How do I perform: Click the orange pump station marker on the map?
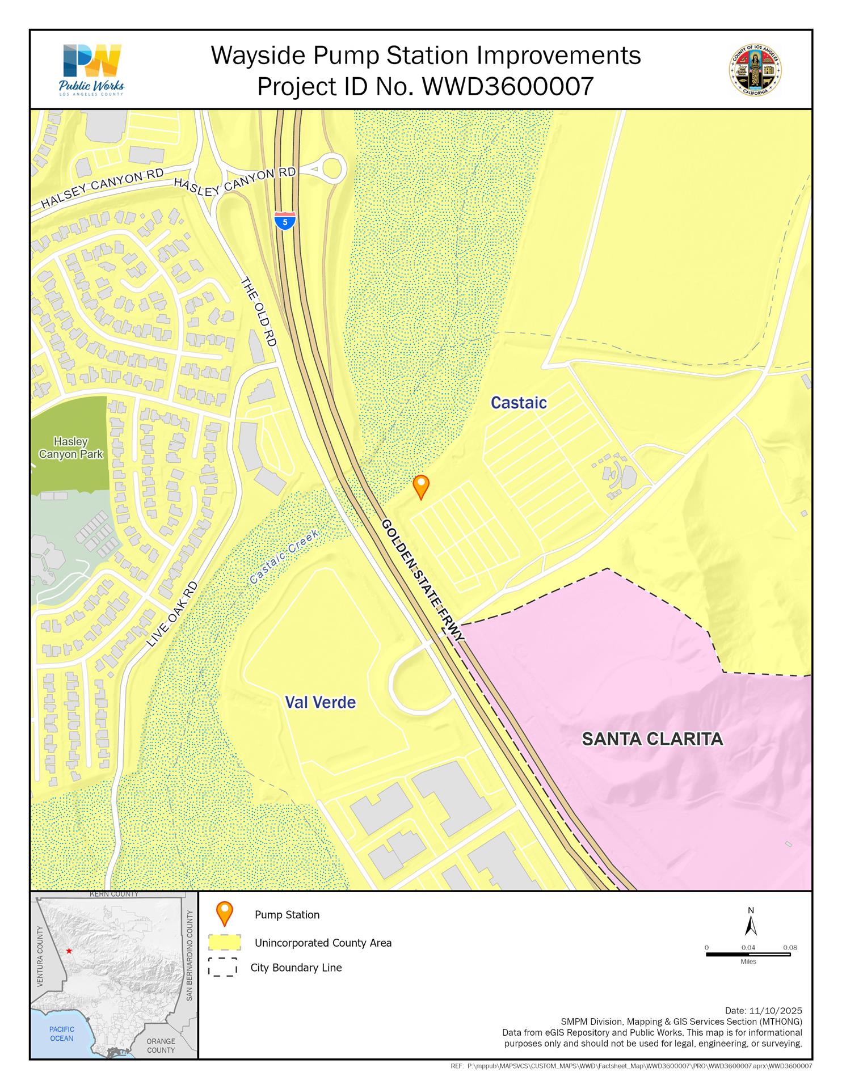tap(420, 486)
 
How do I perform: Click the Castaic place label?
tap(519, 403)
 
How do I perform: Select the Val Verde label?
tap(321, 702)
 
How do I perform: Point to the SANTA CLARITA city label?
tap(652, 738)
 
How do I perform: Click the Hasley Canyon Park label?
tap(71, 448)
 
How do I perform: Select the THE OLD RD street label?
tap(259, 311)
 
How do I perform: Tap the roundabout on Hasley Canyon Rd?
tap(331, 169)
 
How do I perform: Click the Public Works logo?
tap(91, 70)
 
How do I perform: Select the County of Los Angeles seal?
tap(755, 70)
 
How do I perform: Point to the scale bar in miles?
tap(748, 954)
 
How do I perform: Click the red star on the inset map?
tap(69, 951)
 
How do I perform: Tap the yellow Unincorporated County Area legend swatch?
tap(225, 943)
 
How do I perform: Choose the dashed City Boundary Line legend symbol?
tap(222, 968)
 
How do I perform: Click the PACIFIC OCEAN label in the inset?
tap(61, 1033)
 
